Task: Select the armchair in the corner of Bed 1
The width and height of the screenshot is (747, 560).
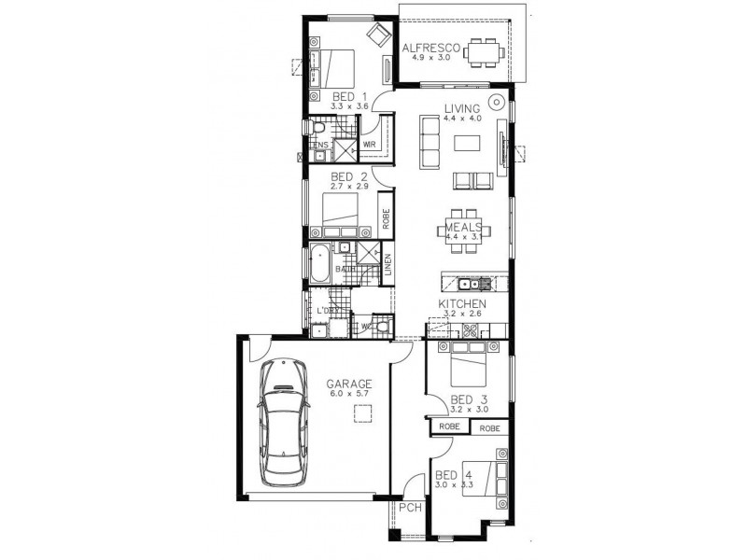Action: click(x=377, y=35)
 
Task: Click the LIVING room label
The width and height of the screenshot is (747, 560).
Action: click(x=462, y=107)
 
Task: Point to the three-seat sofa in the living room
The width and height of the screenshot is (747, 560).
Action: click(x=430, y=140)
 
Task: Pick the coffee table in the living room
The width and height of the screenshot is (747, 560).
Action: click(x=469, y=142)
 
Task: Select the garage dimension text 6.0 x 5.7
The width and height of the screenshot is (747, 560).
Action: click(x=349, y=395)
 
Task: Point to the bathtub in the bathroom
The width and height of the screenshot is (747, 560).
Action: click(x=320, y=264)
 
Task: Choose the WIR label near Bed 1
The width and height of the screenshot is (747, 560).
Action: click(x=369, y=145)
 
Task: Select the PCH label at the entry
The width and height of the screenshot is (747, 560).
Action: click(x=408, y=509)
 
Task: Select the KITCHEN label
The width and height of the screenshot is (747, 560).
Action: click(x=461, y=304)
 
